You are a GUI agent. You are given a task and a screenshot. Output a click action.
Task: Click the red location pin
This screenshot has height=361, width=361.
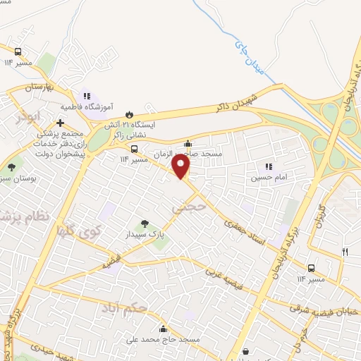[x=182, y=166]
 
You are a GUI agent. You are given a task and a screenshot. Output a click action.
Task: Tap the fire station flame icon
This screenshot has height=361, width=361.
[x=129, y=114]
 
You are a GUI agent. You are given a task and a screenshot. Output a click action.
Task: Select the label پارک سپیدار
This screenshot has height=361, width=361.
[x=145, y=234]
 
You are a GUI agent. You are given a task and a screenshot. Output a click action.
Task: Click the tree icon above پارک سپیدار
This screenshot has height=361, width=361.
[x=145, y=224]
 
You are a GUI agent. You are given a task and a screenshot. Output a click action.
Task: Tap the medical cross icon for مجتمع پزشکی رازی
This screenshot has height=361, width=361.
[x=61, y=123]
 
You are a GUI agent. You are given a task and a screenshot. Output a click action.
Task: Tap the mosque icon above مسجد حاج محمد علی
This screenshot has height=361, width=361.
[x=164, y=328]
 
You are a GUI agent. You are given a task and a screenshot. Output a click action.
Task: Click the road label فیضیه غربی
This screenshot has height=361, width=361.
[x=228, y=281]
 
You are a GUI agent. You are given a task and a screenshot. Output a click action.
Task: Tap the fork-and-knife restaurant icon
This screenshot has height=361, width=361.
[x=345, y=252]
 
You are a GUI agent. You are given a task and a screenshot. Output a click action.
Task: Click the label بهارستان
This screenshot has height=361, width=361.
[x=39, y=88]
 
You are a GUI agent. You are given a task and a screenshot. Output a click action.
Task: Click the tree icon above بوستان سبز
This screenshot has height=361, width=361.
[x=11, y=167]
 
